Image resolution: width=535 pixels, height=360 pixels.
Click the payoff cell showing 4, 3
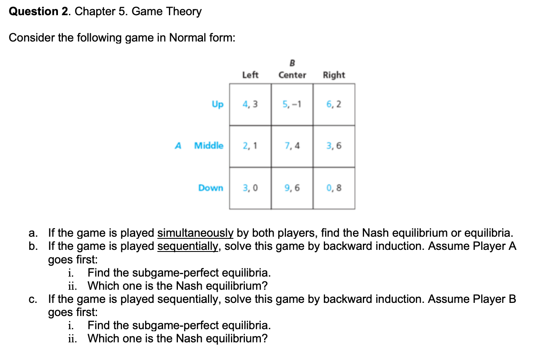pyautogui.click(x=250, y=104)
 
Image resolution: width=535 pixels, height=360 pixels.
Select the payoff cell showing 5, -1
pyautogui.click(x=292, y=104)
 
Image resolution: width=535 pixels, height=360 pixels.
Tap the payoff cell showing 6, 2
pyautogui.click(x=334, y=104)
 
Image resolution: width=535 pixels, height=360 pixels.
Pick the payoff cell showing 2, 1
pyautogui.click(x=250, y=146)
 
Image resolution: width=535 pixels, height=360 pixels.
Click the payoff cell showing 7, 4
pyautogui.click(x=292, y=146)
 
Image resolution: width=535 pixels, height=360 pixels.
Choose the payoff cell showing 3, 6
pyautogui.click(x=334, y=146)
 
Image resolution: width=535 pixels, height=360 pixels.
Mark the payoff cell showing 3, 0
pyautogui.click(x=250, y=188)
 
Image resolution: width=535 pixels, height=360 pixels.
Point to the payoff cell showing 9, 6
pyautogui.click(x=292, y=188)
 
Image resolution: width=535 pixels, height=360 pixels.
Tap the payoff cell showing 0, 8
pyautogui.click(x=334, y=188)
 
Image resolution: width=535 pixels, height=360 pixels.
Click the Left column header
pyautogui.click(x=250, y=75)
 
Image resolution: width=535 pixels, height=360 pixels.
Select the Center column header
pyautogui.click(x=292, y=75)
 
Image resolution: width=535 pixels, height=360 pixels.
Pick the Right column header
pyautogui.click(x=334, y=75)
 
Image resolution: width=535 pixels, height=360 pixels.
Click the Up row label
pyautogui.click(x=217, y=104)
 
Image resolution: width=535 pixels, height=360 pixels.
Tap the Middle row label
pyautogui.click(x=209, y=145)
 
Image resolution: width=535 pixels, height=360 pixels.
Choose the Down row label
pyautogui.click(x=211, y=188)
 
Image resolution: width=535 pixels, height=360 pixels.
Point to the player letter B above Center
pyautogui.click(x=293, y=63)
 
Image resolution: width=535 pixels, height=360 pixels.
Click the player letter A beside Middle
pyautogui.click(x=178, y=145)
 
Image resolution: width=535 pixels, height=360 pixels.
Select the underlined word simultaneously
pyautogui.click(x=195, y=233)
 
